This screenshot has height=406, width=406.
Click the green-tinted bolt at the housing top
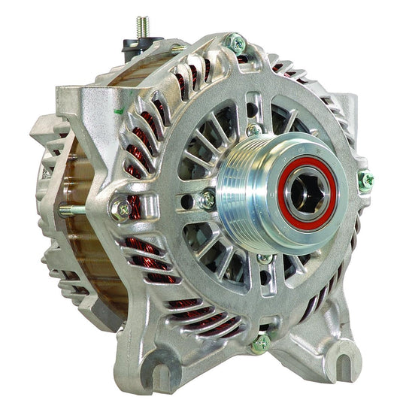click(235, 42)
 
